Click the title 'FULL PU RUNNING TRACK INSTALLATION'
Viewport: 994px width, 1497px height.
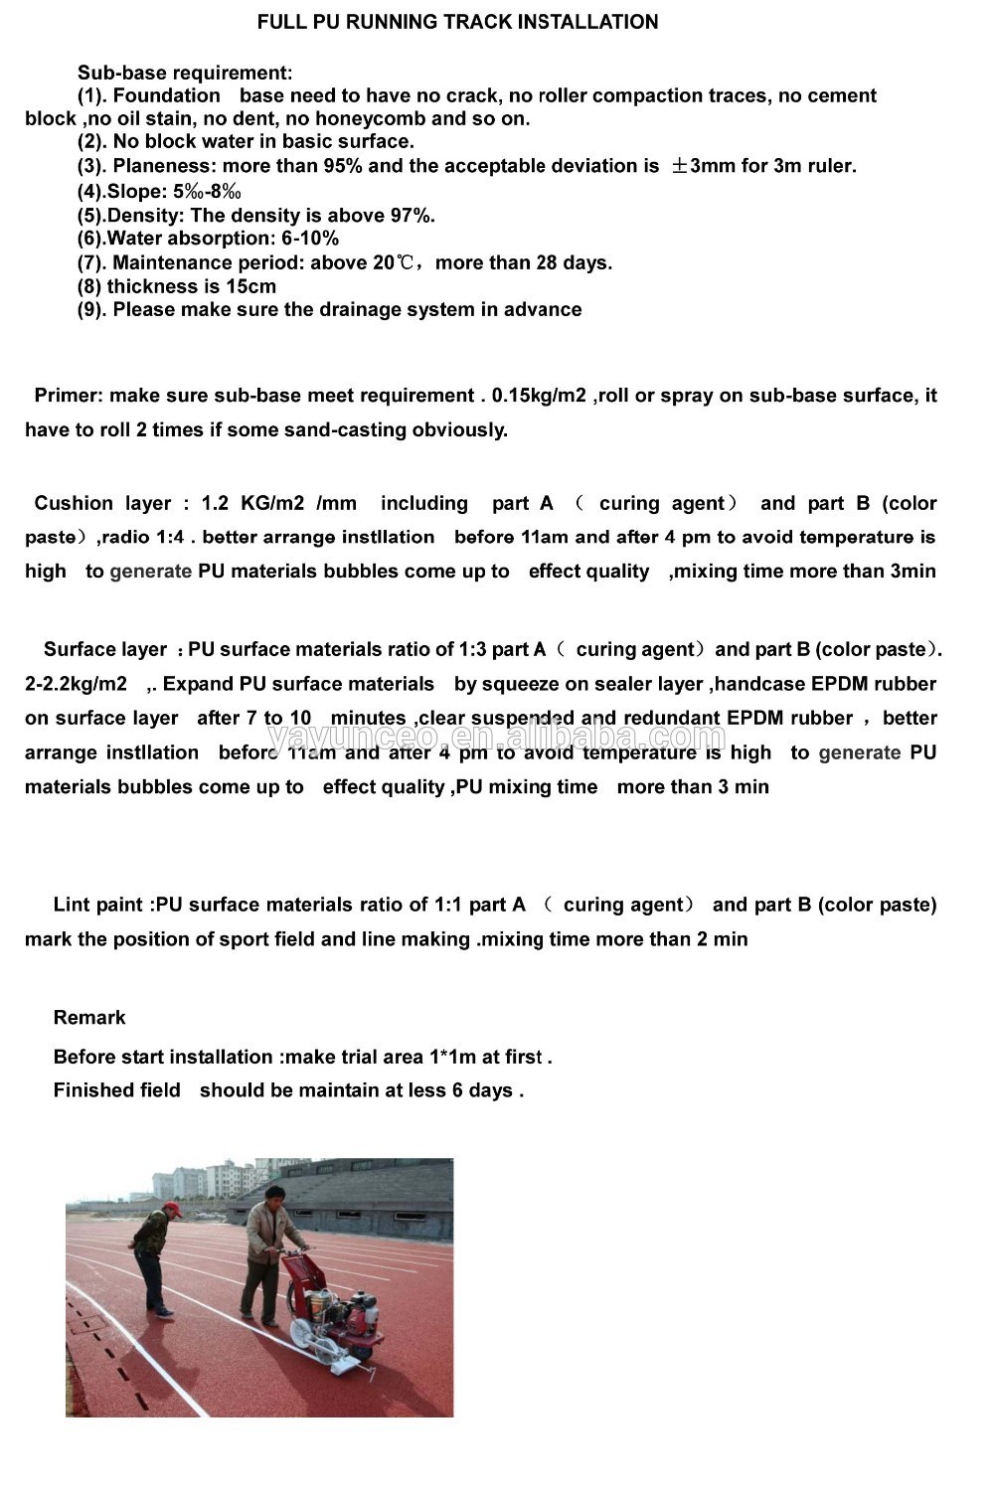[x=457, y=22]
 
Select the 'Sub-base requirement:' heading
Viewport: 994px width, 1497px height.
[x=185, y=73]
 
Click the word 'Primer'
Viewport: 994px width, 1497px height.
[x=68, y=396]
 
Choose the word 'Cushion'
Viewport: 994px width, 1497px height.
[x=74, y=503]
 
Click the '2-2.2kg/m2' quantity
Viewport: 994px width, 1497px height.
[x=76, y=684]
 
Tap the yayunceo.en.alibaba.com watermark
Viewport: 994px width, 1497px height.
[x=497, y=738]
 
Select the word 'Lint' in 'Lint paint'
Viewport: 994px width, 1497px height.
[x=71, y=905]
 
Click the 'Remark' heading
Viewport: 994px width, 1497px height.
[x=89, y=1018]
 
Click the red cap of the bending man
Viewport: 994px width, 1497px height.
[x=173, y=1208]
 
